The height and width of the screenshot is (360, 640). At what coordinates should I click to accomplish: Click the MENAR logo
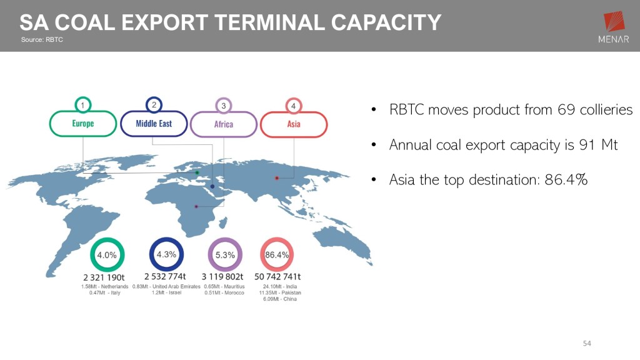click(x=614, y=26)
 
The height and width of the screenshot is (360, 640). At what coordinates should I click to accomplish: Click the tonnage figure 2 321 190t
click(x=104, y=277)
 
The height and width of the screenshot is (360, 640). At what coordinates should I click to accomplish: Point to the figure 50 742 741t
click(x=277, y=277)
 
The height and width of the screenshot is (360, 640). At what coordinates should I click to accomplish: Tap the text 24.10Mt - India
click(x=280, y=286)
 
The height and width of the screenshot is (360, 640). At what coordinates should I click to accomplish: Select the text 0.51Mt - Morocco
click(x=224, y=292)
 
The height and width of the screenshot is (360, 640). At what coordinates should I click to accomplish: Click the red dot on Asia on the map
click(x=277, y=178)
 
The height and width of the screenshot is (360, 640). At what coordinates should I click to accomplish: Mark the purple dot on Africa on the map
click(x=196, y=206)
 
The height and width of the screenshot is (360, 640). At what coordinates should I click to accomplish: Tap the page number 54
click(x=587, y=343)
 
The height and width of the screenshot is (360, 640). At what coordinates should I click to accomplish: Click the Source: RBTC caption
click(x=42, y=39)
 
